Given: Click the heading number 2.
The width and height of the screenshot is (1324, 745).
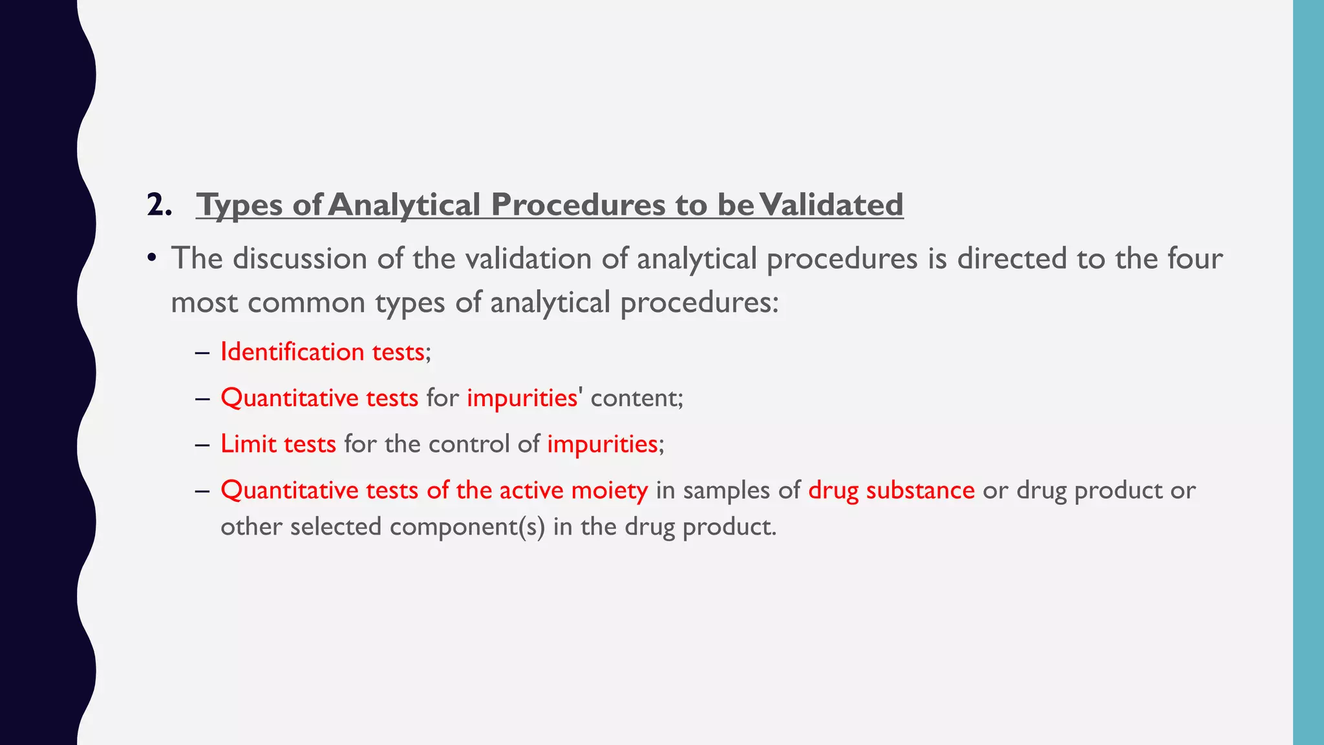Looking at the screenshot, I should tap(159, 205).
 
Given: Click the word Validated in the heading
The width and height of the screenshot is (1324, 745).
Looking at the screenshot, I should tap(831, 205).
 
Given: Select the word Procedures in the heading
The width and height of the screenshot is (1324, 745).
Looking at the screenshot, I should tap(578, 205).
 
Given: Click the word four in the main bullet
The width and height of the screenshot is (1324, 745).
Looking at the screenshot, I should tap(1195, 259).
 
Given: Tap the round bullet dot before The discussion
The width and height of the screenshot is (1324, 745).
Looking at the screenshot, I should tap(152, 259).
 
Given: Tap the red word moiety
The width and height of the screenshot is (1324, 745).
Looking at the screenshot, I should tap(610, 490).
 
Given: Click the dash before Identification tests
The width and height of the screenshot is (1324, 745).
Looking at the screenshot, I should tap(202, 352).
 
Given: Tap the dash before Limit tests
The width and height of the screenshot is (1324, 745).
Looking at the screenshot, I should tap(202, 444).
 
